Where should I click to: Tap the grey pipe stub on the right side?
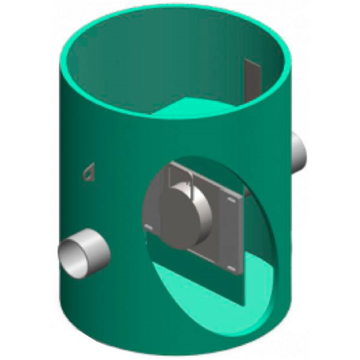[x=299, y=151]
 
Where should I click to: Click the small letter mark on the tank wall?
[x=89, y=173]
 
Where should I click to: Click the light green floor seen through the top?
[x=192, y=109]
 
